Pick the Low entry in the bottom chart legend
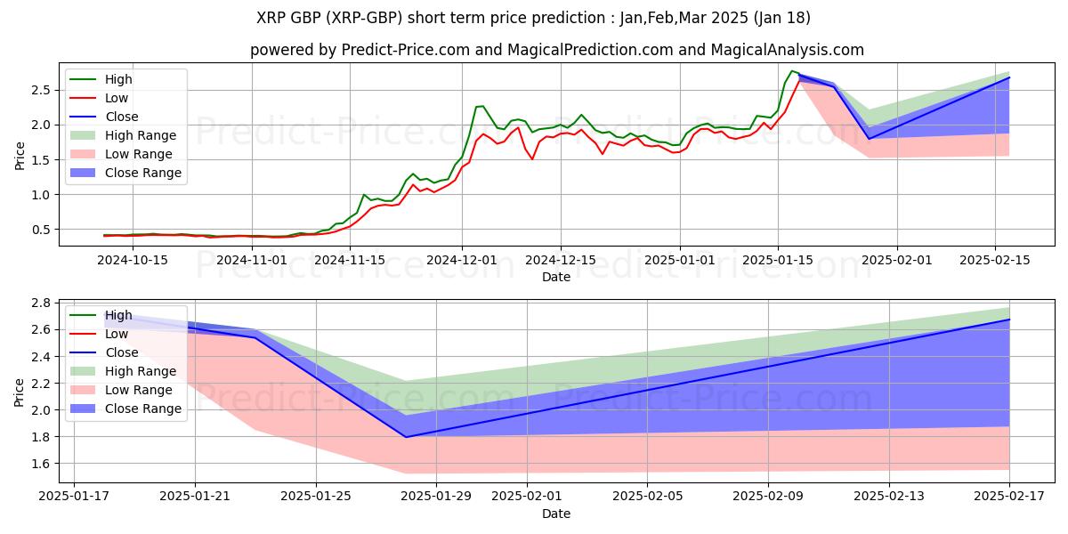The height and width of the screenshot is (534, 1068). [x=117, y=334]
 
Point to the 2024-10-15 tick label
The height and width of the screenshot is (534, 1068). [x=133, y=260]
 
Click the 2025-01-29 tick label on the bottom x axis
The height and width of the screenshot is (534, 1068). [x=436, y=496]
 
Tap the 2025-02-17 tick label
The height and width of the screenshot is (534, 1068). [x=1009, y=496]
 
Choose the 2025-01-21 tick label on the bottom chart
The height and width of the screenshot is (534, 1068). [x=194, y=496]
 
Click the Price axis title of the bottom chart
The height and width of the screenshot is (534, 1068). [x=20, y=391]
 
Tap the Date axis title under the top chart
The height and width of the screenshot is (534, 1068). [x=556, y=277]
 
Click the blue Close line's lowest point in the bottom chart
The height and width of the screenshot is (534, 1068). [x=407, y=437]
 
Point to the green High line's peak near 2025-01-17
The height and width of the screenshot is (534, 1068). [x=792, y=71]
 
